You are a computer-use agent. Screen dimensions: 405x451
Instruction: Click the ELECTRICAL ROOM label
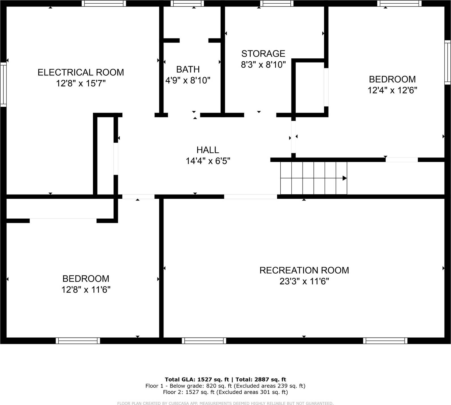tap(81, 73)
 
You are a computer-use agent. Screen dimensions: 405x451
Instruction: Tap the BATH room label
tap(188, 69)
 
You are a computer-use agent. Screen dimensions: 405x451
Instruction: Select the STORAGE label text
tap(263, 54)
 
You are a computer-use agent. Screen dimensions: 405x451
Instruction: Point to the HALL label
tap(208, 150)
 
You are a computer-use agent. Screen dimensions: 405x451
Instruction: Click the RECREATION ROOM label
tap(304, 270)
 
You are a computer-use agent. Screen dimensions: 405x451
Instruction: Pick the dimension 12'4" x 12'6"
tap(392, 90)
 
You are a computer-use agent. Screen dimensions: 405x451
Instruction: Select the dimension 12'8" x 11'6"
tap(86, 290)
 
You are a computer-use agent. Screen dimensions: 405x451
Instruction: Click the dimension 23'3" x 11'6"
tap(304, 282)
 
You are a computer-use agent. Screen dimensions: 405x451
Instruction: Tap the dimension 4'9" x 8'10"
tap(188, 80)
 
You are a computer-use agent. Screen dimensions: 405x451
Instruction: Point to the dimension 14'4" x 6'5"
tap(208, 161)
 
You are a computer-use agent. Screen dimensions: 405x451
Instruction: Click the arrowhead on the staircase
tap(344, 178)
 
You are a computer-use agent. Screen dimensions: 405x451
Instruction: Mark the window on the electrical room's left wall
tap(3, 85)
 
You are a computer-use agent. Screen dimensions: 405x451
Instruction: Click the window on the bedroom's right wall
tap(447, 62)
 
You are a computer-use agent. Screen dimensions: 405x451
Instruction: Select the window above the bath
tap(187, 3)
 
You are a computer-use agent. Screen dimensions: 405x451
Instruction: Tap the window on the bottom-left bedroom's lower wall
tap(78, 341)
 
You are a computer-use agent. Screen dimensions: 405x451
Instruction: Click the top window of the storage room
tap(277, 3)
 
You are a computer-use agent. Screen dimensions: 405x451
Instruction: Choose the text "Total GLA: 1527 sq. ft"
tap(197, 380)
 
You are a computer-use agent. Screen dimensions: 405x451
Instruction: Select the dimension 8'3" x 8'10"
tap(263, 65)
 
